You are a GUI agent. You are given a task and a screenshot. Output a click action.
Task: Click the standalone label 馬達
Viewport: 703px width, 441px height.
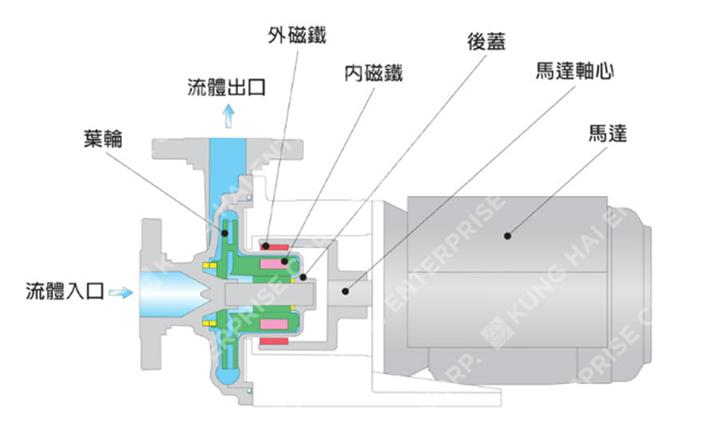[608, 133]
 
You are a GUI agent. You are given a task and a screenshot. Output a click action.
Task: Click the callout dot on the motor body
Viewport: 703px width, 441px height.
[507, 236]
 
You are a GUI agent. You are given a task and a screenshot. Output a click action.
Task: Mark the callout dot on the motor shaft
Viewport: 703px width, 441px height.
[345, 290]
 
